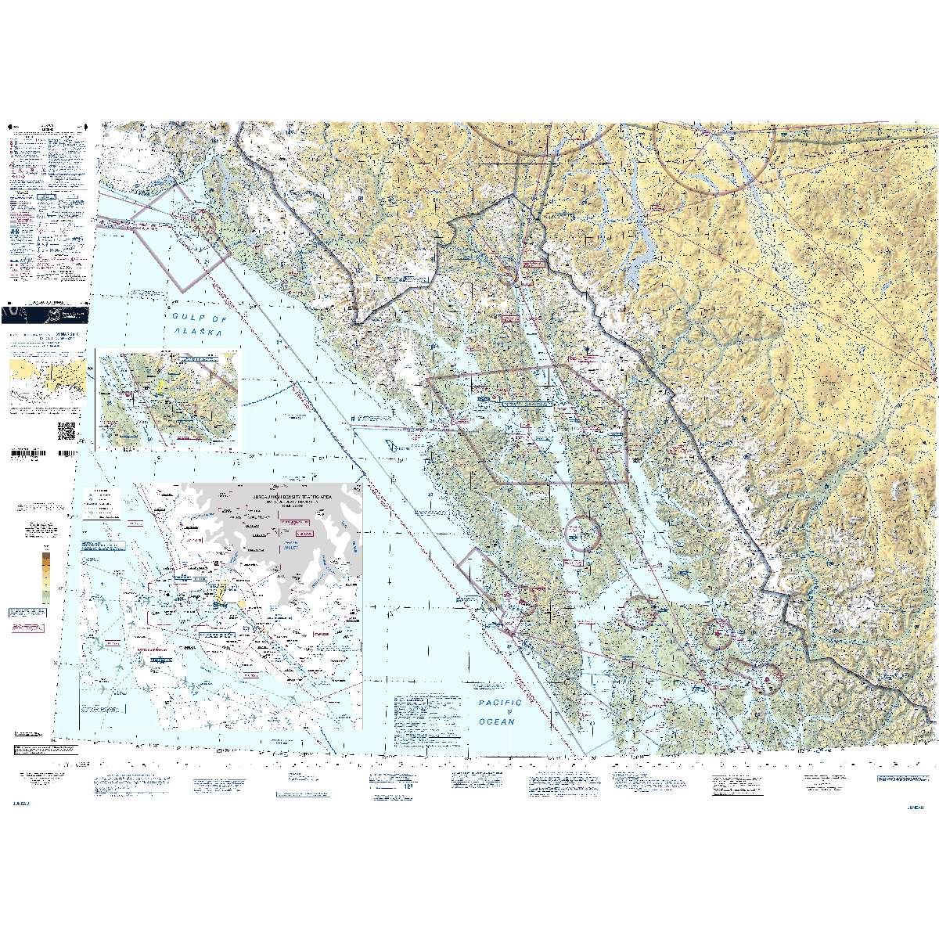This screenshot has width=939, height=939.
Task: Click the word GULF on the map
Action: [185, 318]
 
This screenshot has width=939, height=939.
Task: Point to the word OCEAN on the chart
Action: [498, 721]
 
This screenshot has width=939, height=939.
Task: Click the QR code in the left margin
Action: [67, 430]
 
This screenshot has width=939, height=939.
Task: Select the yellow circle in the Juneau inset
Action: [241, 605]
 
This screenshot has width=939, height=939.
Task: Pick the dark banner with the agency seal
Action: [45, 314]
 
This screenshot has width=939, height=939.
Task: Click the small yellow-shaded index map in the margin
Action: [45, 380]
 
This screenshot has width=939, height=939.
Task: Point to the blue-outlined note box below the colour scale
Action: [28, 613]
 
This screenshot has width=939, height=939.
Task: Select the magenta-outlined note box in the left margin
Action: [28, 629]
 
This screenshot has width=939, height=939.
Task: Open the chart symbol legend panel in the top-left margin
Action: [47, 203]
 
